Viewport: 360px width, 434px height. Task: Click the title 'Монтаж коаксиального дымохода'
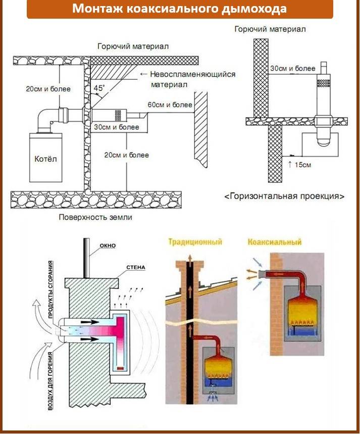(180, 9)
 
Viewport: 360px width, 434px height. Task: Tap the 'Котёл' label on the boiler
(46, 158)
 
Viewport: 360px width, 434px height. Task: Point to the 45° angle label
(99, 87)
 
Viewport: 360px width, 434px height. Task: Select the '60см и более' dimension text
(170, 105)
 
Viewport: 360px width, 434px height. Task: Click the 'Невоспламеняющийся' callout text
(193, 74)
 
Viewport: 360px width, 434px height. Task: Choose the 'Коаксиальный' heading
(275, 242)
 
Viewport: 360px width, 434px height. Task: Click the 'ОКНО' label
(108, 246)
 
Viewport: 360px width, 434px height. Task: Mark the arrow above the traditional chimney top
(188, 257)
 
